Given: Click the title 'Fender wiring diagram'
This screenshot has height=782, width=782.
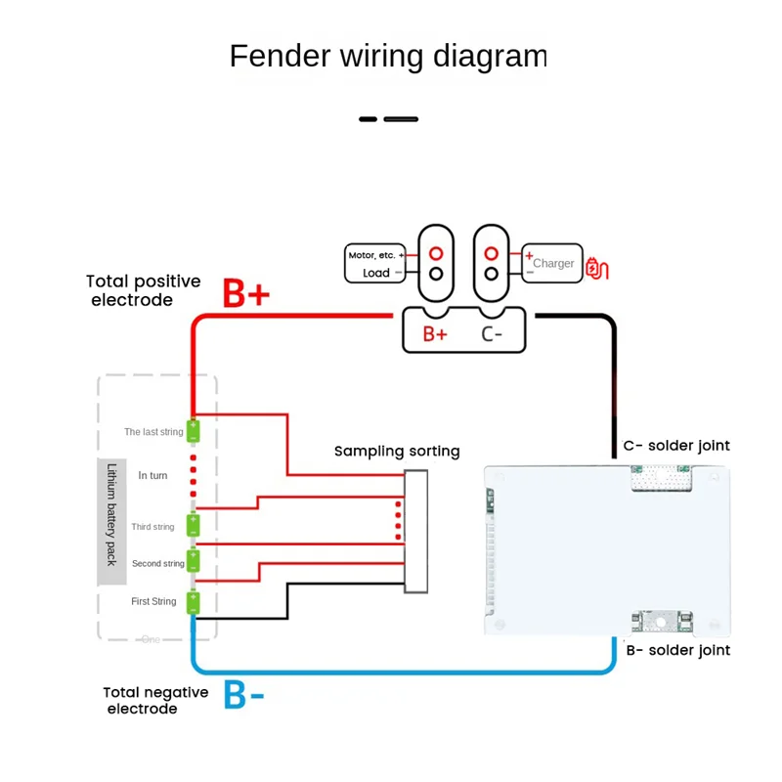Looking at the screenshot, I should click(x=388, y=56).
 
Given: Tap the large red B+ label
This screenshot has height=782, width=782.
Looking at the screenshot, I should click(x=245, y=293).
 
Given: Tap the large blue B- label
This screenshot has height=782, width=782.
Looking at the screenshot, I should click(x=243, y=694).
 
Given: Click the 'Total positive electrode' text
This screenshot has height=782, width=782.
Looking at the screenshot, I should click(x=144, y=290).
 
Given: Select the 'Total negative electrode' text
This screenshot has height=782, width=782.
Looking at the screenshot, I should click(x=155, y=700).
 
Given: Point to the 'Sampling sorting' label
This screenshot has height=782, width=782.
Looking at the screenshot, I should click(x=397, y=451).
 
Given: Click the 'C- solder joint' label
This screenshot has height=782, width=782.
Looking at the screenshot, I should click(x=676, y=446).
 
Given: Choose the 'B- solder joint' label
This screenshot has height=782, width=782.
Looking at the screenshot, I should click(x=676, y=650).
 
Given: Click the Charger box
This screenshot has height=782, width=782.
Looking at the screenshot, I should click(x=551, y=263).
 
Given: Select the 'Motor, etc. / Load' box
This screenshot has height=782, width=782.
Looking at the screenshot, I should click(x=375, y=264).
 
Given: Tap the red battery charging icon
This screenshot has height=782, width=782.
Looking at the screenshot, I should click(x=596, y=267).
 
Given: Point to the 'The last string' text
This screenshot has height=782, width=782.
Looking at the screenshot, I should click(x=153, y=431).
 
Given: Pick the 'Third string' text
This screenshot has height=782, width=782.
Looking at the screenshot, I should click(x=153, y=527).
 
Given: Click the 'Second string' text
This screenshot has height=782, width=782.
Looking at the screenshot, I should click(x=158, y=564).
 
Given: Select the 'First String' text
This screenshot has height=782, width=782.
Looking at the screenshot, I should click(x=154, y=601).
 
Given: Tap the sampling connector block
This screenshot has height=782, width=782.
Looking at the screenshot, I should click(x=416, y=531).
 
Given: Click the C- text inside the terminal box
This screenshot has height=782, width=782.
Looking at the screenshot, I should click(x=493, y=333).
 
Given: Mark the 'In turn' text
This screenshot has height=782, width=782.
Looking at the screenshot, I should click(x=154, y=475).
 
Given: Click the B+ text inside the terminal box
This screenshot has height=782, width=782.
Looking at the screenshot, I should click(x=435, y=333).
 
